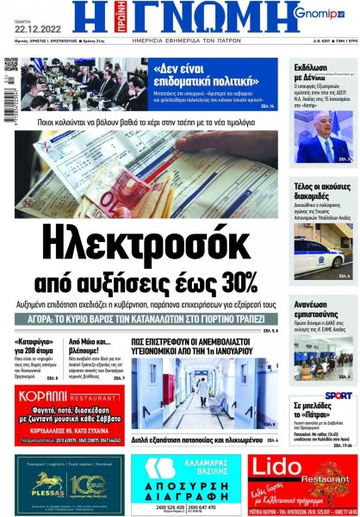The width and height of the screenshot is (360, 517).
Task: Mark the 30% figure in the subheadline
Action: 237,282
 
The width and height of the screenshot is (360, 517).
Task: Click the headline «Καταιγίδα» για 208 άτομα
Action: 38,346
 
